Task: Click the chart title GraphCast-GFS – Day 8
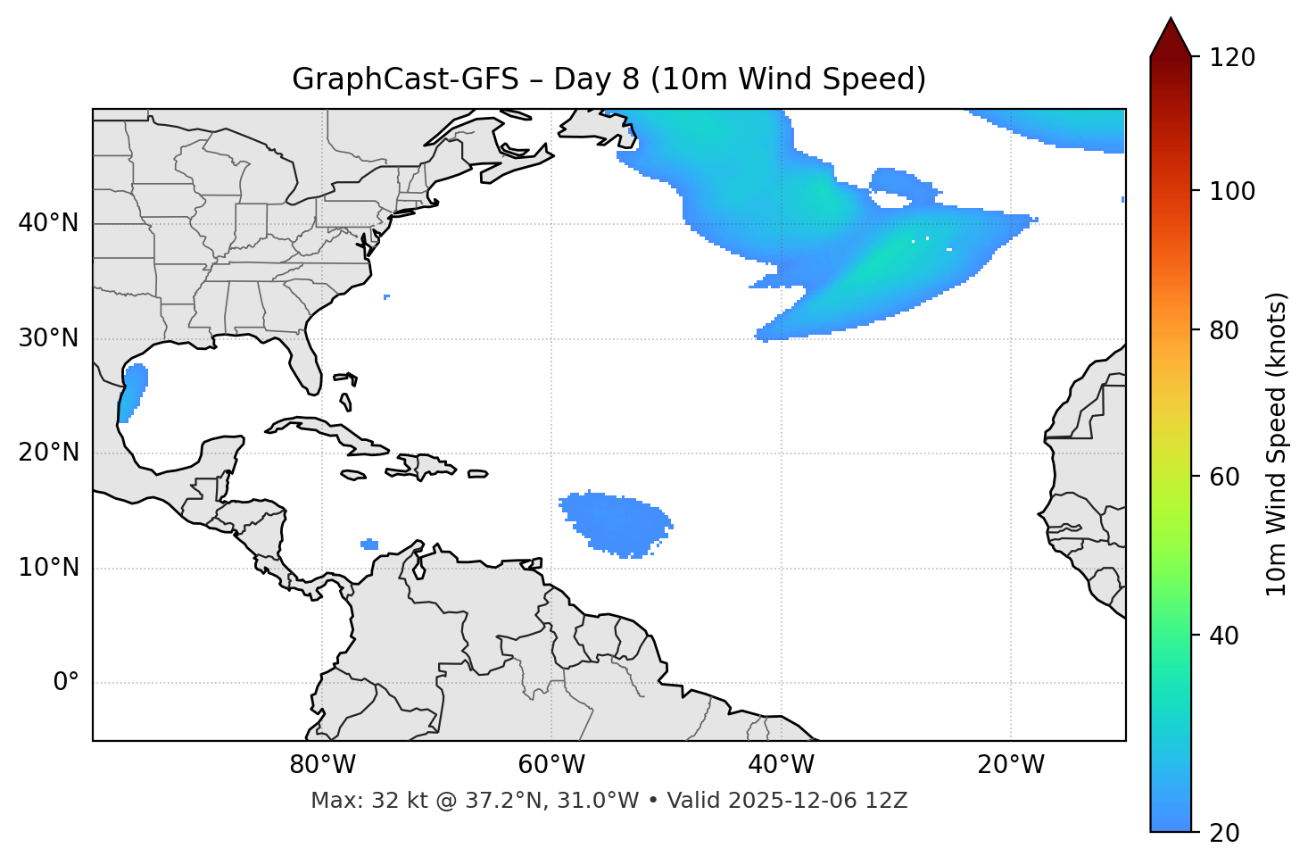[608, 79]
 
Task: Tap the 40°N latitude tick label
[48, 223]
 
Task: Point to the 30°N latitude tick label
[48, 338]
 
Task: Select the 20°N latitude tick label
[48, 453]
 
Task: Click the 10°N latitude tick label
[48, 568]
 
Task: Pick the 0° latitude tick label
[65, 683]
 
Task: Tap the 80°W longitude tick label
[322, 765]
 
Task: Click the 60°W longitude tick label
[551, 765]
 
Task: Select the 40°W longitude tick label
[781, 765]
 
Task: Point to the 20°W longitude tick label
[1010, 765]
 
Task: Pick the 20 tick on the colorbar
[1224, 833]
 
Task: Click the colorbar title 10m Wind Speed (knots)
[1277, 444]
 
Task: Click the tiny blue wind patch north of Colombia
[369, 544]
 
